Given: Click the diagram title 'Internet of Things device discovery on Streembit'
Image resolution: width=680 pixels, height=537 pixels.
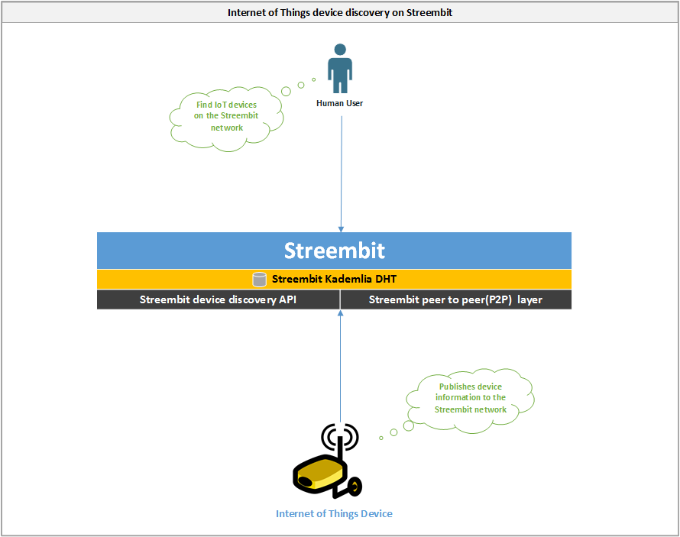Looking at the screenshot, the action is tap(339, 12).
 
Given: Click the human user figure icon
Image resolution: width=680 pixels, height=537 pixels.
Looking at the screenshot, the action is tap(340, 69).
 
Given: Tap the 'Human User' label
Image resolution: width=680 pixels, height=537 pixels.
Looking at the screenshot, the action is tap(339, 103).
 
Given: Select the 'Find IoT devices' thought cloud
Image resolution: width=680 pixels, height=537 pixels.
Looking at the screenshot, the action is tap(226, 118).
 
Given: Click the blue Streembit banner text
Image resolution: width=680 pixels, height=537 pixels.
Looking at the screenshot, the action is tap(335, 251).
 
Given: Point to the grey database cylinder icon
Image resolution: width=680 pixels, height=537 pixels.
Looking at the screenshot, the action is tap(259, 280).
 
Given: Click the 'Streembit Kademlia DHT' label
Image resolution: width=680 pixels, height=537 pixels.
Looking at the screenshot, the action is tap(334, 279).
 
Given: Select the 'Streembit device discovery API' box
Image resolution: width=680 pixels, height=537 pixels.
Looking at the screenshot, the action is tap(219, 299).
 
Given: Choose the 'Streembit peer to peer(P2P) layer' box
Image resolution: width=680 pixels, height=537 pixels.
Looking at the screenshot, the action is tap(456, 299).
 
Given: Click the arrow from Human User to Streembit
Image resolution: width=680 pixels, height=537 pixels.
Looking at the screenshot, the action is tap(342, 174).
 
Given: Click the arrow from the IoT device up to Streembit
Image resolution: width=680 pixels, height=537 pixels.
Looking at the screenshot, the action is tap(341, 366).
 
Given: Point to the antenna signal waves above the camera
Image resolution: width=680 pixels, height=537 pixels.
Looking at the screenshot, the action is tap(340, 436).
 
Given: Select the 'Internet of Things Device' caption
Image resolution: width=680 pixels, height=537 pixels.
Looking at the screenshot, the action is tap(334, 513).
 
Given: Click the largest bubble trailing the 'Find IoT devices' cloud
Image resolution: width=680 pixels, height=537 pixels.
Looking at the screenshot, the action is tap(286, 92).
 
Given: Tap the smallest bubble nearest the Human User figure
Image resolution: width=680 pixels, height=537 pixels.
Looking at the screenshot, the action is tap(313, 79).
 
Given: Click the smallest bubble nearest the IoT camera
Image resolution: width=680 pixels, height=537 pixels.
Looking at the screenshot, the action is tap(381, 438).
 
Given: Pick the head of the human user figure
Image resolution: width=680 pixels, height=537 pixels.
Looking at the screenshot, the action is tap(341, 49).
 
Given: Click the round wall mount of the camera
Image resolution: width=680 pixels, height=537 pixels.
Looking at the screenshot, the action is tap(355, 487).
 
